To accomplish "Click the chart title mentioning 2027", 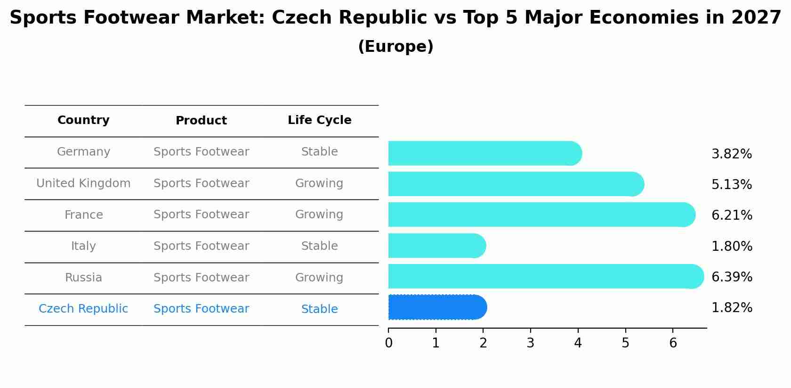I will pyautogui.click(x=395, y=18).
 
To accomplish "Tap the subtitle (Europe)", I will pyautogui.click(x=395, y=47).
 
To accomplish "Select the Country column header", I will pyautogui.click(x=83, y=120).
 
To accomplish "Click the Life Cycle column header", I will pyautogui.click(x=319, y=120).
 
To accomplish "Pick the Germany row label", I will pyautogui.click(x=83, y=152).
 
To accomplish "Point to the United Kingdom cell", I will pyautogui.click(x=83, y=183).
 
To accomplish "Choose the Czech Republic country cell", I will pyautogui.click(x=83, y=309).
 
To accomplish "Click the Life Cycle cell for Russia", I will pyautogui.click(x=319, y=278).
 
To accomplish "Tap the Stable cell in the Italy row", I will pyautogui.click(x=319, y=246).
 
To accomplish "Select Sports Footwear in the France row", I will pyautogui.click(x=201, y=215).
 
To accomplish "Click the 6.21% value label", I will pyautogui.click(x=732, y=215).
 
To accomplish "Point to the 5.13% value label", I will pyautogui.click(x=732, y=185).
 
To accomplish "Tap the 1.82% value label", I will pyautogui.click(x=732, y=308).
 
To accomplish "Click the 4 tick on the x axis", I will pyautogui.click(x=578, y=343).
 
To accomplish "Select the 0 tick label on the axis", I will pyautogui.click(x=388, y=343).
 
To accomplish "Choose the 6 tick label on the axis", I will pyautogui.click(x=673, y=343).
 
